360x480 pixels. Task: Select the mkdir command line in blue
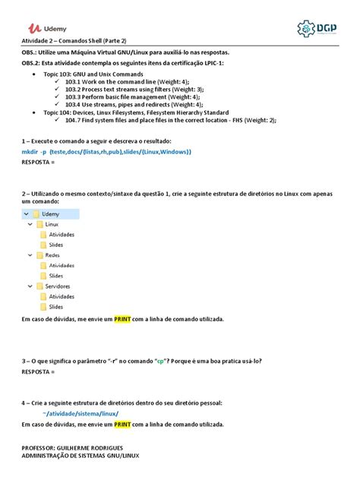pyautogui.click(x=106, y=152)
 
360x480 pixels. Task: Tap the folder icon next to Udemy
pyautogui.click(x=36, y=214)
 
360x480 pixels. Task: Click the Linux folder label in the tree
pyautogui.click(x=52, y=225)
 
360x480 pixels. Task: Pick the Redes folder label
pyautogui.click(x=52, y=256)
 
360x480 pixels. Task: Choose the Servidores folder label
pyautogui.click(x=58, y=286)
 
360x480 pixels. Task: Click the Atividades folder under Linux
pyautogui.click(x=62, y=235)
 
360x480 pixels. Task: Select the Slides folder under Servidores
pyautogui.click(x=55, y=307)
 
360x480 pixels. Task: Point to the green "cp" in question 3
pyautogui.click(x=161, y=362)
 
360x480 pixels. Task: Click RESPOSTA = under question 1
pyautogui.click(x=39, y=162)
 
